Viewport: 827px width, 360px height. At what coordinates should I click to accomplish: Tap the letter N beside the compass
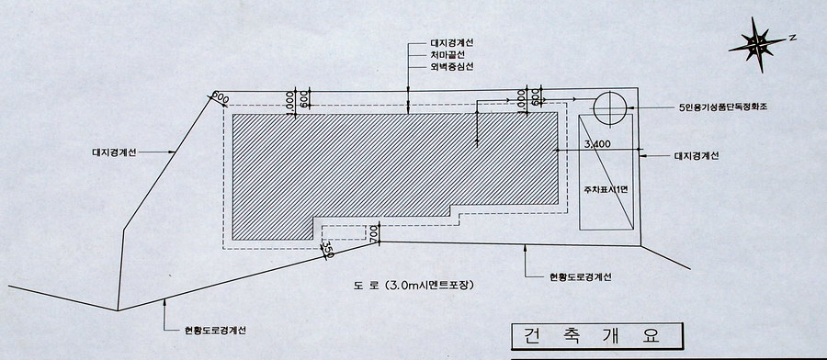click(x=790, y=38)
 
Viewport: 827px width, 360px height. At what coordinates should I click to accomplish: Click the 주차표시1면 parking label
click(x=604, y=190)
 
